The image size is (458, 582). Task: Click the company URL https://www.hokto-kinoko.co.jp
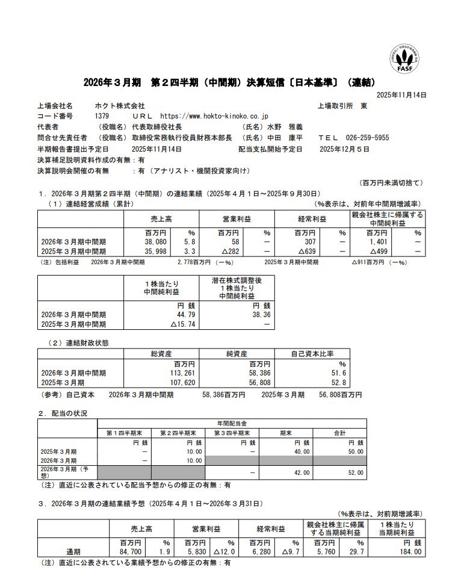pyautogui.click(x=214, y=116)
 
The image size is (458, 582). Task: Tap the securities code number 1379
pyautogui.click(x=102, y=116)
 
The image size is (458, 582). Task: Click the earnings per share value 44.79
pyautogui.click(x=182, y=314)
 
